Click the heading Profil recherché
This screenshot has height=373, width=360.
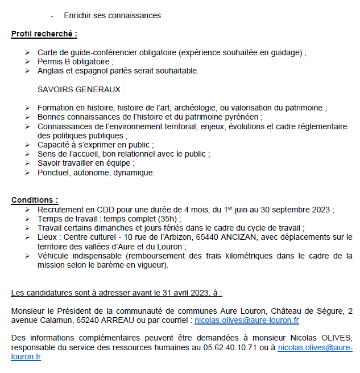(44, 34)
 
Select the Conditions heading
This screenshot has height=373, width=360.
(35, 200)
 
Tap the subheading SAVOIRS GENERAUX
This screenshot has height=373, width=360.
(81, 89)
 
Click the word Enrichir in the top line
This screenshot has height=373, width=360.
(78, 15)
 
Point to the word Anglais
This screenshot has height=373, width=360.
(52, 71)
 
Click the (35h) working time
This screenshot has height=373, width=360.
(168, 219)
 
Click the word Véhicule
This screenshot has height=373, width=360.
(53, 256)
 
